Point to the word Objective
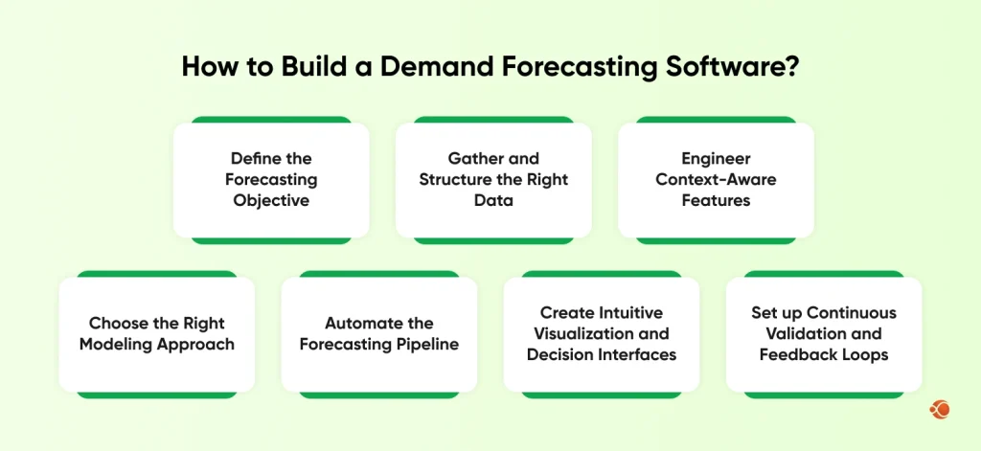271,200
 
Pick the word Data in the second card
493,200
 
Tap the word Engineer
716,158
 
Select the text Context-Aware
716,179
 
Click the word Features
716,200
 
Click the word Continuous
851,312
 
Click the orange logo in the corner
939,410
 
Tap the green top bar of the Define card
271,120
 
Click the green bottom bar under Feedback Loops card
824,395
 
